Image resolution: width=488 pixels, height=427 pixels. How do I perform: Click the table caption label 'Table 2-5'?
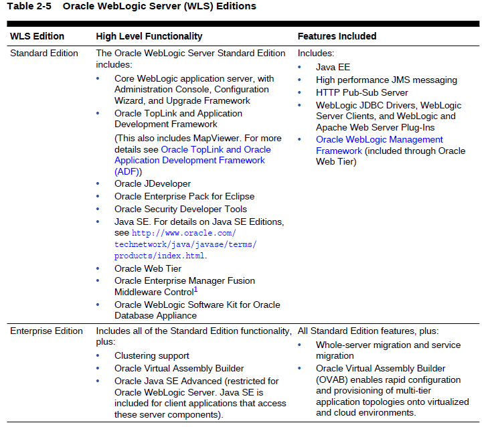(x=29, y=6)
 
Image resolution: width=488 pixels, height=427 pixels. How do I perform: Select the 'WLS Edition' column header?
(x=37, y=36)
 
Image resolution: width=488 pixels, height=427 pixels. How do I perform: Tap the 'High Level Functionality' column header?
(x=149, y=36)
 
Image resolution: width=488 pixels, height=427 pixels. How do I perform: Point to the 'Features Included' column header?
(x=337, y=36)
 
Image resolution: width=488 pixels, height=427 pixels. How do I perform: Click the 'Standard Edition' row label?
(x=44, y=53)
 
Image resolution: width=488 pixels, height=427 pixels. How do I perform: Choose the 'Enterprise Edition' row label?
(x=46, y=331)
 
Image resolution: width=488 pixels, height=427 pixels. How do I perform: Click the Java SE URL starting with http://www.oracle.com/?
(x=184, y=233)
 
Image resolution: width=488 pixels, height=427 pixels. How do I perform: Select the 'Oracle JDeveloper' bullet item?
(x=153, y=183)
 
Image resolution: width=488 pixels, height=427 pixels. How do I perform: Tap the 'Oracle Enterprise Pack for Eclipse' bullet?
(x=184, y=196)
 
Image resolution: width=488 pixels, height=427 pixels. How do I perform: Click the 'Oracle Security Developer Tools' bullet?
(x=181, y=209)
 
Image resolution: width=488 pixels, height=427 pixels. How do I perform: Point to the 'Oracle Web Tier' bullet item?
(x=148, y=268)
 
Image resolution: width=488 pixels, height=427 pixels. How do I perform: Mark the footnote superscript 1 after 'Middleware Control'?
(x=195, y=289)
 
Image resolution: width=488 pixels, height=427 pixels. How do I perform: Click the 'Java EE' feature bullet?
(x=333, y=67)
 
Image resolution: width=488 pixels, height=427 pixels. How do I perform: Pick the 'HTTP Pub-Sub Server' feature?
(x=361, y=92)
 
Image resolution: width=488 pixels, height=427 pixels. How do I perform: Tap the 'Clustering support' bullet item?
(x=152, y=355)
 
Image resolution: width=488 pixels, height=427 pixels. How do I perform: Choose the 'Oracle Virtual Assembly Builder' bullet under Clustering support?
(x=179, y=368)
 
